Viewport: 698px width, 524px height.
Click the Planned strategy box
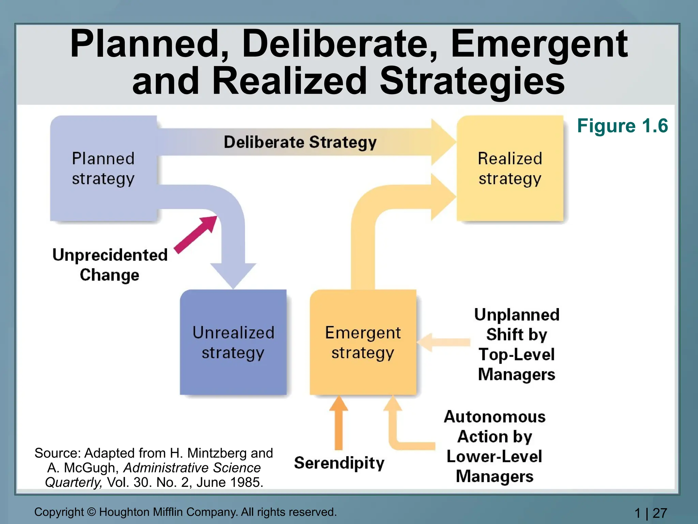[x=103, y=169]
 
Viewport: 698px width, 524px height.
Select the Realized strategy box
[x=510, y=169]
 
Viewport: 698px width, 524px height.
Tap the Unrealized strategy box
[x=233, y=342]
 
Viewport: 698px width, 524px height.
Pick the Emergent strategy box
[x=363, y=342]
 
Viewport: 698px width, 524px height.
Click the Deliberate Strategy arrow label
[x=300, y=142]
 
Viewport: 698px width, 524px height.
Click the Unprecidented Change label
[x=110, y=265]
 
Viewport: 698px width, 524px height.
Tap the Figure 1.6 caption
[x=622, y=126]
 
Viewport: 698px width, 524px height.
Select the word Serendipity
[x=339, y=463]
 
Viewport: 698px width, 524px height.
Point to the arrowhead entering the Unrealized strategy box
[x=233, y=275]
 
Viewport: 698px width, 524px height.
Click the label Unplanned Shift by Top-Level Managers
[x=517, y=344]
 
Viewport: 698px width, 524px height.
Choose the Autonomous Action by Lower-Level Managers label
[x=495, y=446]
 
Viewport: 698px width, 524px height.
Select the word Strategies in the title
[x=472, y=81]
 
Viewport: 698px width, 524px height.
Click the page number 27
[x=660, y=513]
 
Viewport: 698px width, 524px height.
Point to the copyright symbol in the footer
[x=91, y=512]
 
